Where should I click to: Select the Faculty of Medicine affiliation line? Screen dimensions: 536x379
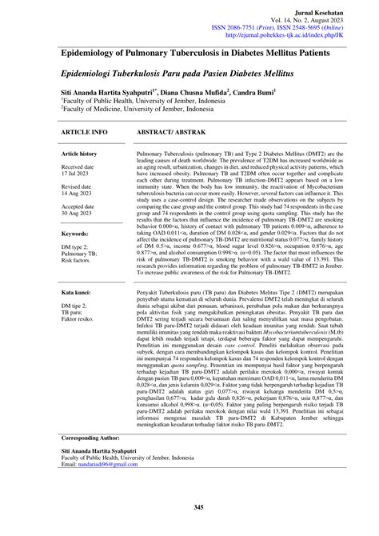132,110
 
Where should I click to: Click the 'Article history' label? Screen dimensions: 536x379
79,153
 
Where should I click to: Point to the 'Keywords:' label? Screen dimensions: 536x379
74,234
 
